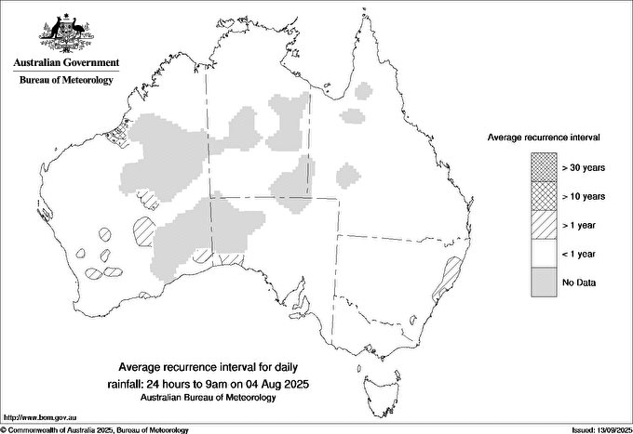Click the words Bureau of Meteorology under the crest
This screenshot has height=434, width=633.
click(x=66, y=80)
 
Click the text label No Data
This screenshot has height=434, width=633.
click(x=579, y=282)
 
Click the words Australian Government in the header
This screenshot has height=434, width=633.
click(x=66, y=63)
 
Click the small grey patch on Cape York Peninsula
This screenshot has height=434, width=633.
click(x=364, y=91)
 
